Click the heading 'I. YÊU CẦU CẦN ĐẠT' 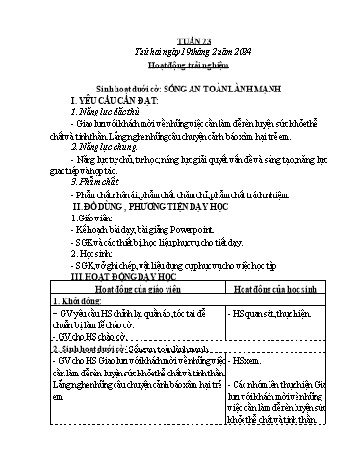pos(116,99)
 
